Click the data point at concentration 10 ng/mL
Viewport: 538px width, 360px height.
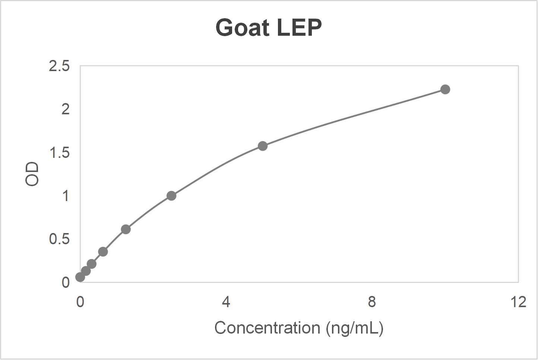445,89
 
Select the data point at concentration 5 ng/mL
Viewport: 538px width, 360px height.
262,146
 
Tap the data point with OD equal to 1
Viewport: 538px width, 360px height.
171,196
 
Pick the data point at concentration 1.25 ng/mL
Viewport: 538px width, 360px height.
126,229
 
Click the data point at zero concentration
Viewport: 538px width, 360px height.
80,277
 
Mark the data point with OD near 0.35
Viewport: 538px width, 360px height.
103,252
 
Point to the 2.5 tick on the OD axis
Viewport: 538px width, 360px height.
59,66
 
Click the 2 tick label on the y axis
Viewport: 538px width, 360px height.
65,109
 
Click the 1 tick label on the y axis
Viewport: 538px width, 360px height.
65,196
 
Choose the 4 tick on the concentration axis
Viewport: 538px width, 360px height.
226,302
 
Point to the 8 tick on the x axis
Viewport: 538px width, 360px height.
371,302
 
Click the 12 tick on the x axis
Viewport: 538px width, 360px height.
518,302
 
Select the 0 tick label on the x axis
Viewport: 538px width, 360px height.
80,302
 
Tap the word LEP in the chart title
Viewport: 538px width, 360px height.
299,28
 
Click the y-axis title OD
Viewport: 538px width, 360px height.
32,174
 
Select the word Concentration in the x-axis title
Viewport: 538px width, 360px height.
267,328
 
